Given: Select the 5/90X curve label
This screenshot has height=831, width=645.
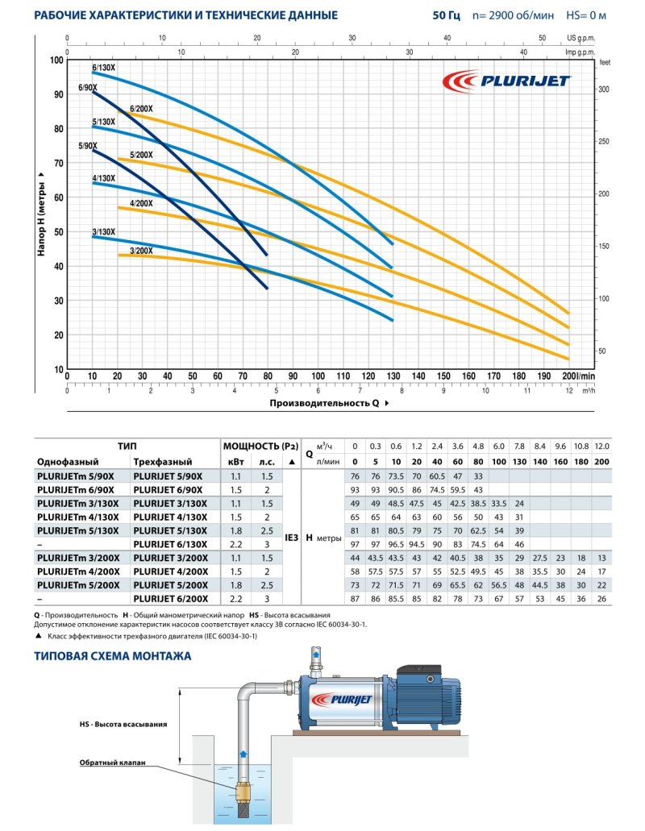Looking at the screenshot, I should [x=88, y=146].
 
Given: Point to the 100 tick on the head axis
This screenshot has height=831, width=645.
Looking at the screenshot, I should [x=56, y=60].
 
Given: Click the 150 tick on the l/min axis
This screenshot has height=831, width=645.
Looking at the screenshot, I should [x=443, y=376].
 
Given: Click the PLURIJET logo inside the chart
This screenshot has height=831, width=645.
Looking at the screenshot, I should [x=509, y=80].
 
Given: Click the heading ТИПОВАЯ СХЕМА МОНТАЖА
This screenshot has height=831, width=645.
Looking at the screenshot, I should [x=112, y=656].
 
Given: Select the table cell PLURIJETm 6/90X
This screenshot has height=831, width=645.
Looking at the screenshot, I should [x=76, y=490].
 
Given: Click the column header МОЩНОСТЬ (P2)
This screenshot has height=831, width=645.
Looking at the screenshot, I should [x=251, y=445].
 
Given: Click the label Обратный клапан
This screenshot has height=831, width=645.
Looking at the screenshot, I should [x=112, y=762].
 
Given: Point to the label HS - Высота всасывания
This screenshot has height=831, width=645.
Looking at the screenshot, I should [x=129, y=724].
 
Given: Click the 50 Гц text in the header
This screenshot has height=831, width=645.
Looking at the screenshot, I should [x=446, y=15].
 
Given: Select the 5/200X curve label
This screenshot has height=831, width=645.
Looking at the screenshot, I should [x=140, y=155].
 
